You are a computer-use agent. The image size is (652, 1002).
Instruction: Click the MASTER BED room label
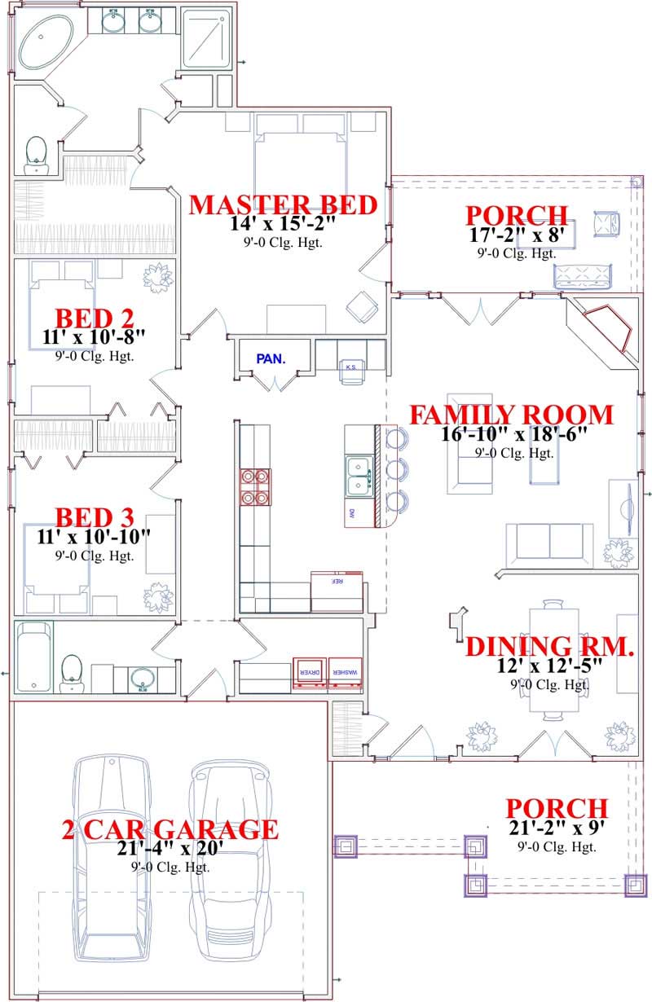(x=283, y=204)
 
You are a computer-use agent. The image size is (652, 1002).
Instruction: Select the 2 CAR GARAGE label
(x=170, y=830)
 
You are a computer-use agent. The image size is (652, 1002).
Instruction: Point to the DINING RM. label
(x=550, y=647)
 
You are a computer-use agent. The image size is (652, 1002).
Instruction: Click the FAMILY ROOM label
(x=510, y=415)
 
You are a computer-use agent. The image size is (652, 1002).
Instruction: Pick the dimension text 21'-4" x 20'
(x=170, y=850)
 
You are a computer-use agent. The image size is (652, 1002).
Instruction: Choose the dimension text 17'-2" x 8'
(x=517, y=235)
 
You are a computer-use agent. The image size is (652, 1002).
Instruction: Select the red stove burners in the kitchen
(x=253, y=486)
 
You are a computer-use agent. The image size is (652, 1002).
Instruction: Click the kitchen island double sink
(x=359, y=476)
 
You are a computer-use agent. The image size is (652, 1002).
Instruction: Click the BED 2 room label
(x=94, y=317)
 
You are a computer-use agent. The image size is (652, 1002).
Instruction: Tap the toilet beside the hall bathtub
(x=72, y=673)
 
